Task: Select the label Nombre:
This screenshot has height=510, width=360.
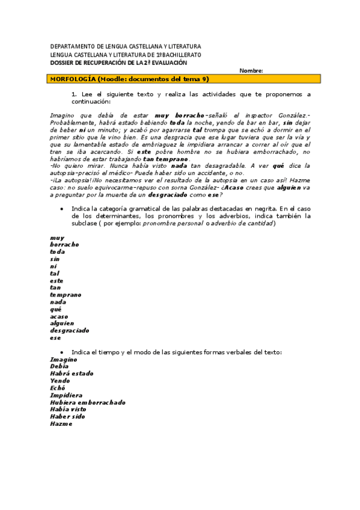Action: coord(251,70)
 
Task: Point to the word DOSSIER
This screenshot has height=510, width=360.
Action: coord(62,63)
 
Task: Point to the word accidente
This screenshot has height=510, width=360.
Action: coord(213,172)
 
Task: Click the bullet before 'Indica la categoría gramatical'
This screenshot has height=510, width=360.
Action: coord(63,208)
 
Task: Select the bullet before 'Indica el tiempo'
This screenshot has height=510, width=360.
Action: coord(63,352)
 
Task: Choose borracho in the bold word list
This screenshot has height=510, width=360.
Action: coord(64,245)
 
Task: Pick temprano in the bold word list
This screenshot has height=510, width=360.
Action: coord(66,295)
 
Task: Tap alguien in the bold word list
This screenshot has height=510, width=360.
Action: coord(62,324)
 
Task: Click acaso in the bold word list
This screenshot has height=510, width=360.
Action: coord(59,316)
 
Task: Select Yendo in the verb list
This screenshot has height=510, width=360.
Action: coord(60,381)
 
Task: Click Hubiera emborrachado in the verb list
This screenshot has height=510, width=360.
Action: coord(88,402)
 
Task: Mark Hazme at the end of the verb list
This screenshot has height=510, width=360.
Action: coord(61,423)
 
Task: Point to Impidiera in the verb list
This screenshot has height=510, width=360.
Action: coord(66,395)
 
